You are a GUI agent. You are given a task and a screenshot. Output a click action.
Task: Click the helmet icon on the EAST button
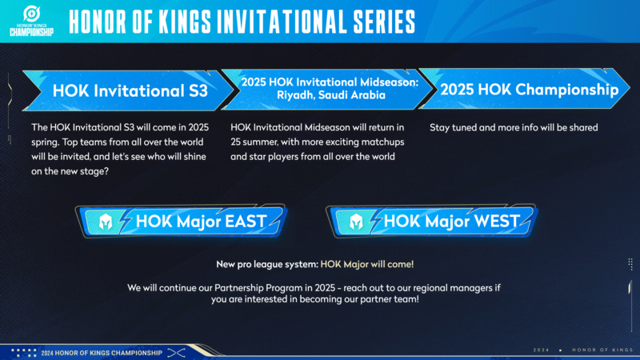tap(104, 220)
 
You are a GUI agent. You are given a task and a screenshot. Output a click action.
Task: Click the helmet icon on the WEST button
tap(353, 220)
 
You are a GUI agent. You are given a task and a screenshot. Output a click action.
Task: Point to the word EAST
tap(250, 220)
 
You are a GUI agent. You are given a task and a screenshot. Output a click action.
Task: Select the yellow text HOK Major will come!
tap(367, 264)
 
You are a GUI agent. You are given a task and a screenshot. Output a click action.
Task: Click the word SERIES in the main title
tap(377, 19)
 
